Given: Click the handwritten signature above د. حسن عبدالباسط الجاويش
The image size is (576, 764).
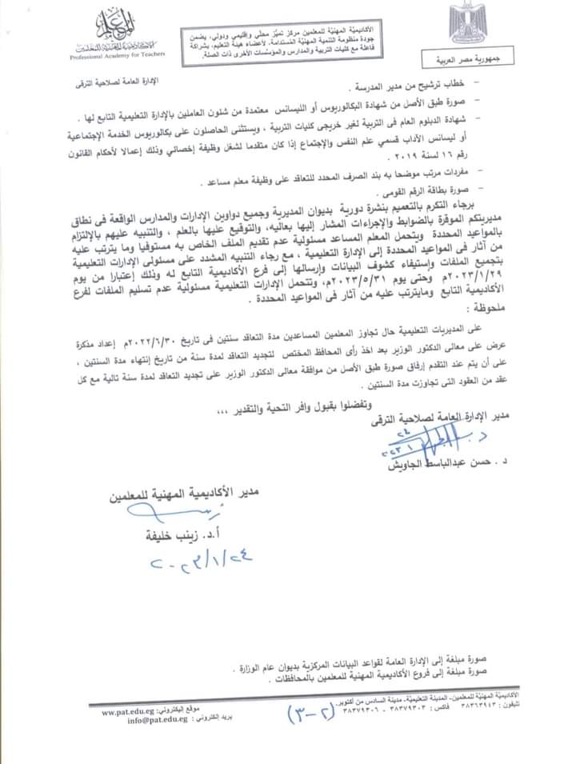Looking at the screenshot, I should (x=444, y=439).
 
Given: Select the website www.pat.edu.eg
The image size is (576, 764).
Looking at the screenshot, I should (x=135, y=710).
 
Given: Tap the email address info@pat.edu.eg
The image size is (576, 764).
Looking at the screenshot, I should (x=135, y=719).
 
